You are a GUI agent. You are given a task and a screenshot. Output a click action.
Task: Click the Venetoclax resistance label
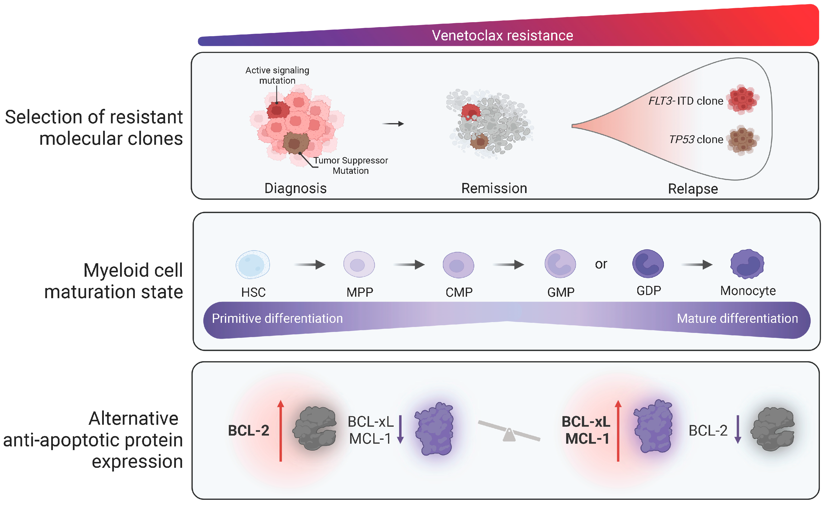coord(502,35)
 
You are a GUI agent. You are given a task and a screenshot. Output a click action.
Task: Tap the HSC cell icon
coord(253,264)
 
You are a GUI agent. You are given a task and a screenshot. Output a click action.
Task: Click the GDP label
coord(649,291)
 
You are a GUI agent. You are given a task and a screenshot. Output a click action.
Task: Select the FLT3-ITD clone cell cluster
coord(743,99)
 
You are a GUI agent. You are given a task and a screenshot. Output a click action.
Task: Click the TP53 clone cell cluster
coord(743,140)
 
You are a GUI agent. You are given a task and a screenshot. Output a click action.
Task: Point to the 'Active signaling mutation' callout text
coord(277,75)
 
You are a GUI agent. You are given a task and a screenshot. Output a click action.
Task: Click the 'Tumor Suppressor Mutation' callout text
coord(351,165)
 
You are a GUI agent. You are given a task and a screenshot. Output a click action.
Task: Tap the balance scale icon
coord(509,431)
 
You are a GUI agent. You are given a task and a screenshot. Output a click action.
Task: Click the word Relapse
coord(693,189)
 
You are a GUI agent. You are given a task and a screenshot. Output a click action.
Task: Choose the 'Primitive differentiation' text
coord(277,318)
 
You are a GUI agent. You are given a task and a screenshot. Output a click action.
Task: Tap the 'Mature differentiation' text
coord(737,318)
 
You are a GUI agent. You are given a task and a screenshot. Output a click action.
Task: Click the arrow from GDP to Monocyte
coord(697,265)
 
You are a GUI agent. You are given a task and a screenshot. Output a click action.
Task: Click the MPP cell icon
coord(359,264)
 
